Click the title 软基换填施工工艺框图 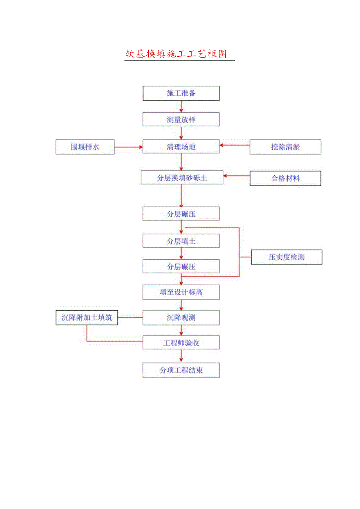176,54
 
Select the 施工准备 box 181,94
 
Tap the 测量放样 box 181,119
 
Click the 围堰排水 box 85,147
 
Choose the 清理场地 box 181,147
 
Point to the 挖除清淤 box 285,147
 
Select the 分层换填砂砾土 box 182,178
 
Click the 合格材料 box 285,178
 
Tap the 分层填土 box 181,241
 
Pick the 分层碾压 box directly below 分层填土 181,266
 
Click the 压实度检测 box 286,257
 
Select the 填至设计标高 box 181,292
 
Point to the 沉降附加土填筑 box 86,318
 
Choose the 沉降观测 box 181,318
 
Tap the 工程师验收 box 181,343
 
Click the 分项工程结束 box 181,370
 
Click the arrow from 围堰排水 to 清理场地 128,147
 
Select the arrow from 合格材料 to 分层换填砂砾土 236,176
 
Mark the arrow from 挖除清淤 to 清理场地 234,145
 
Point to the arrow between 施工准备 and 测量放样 181,106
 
